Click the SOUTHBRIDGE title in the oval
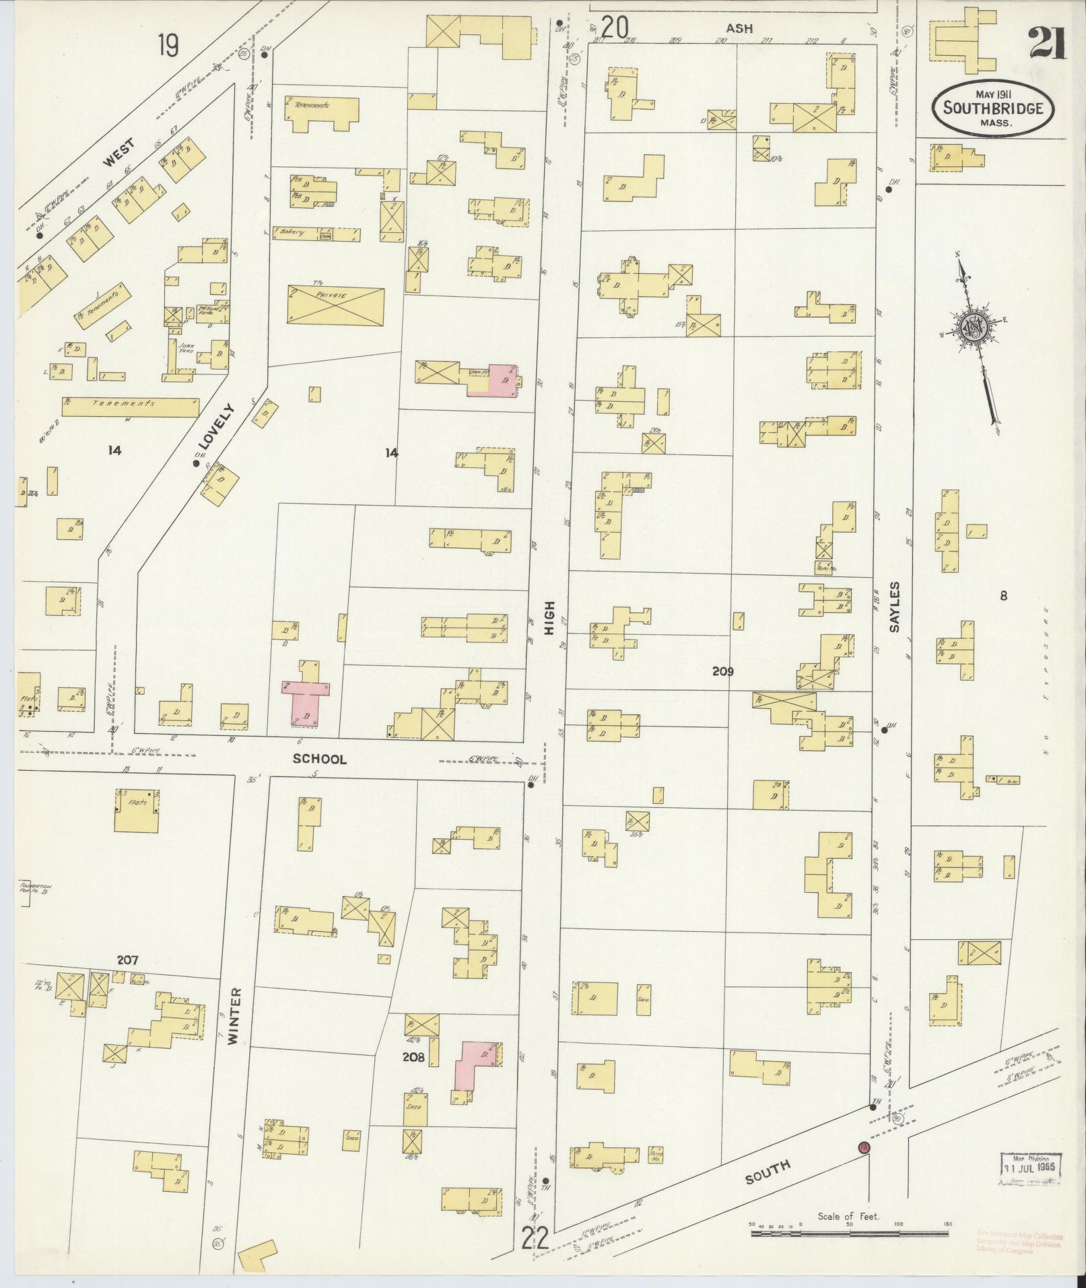(x=993, y=108)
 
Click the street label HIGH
(x=551, y=619)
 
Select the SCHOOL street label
(x=320, y=759)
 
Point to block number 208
(x=413, y=1057)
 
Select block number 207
(x=127, y=960)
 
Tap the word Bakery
(x=294, y=232)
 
